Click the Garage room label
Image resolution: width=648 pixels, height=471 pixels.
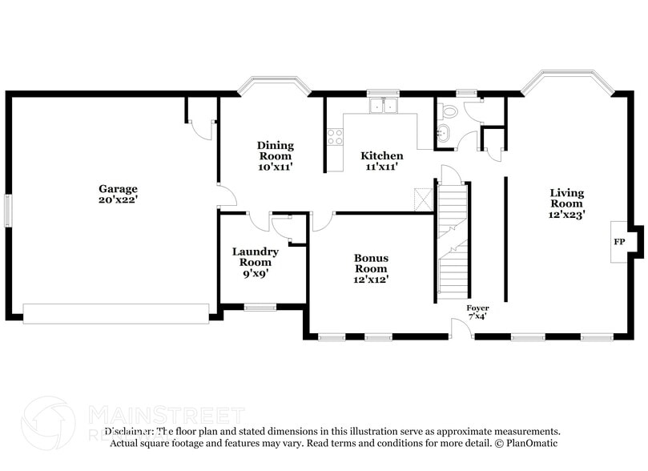coord(118,189)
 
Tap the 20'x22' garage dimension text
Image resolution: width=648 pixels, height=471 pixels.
coord(118,200)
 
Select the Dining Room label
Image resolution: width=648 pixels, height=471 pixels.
coord(275,151)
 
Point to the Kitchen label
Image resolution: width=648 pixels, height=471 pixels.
coord(381,155)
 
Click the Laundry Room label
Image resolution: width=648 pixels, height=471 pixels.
coord(256,256)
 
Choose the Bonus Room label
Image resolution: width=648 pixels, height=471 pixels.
coord(371,264)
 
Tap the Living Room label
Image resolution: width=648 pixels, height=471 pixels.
coord(566,198)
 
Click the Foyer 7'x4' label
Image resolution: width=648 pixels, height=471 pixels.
coord(477,312)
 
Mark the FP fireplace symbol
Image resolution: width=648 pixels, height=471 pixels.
coord(619,241)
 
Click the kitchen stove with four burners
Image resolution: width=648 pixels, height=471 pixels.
coord(335,136)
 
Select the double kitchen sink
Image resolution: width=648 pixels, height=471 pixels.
coord(384,106)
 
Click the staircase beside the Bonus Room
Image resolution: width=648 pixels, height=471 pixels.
coord(453,240)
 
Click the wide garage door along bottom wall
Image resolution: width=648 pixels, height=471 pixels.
coord(116,313)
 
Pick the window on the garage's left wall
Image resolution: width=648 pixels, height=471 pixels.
coord(8,210)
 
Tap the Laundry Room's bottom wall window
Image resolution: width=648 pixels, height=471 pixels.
coord(260,306)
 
